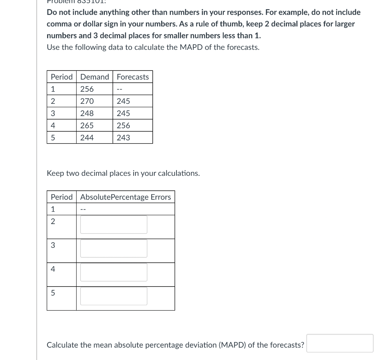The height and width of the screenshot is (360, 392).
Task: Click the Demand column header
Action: point(95,77)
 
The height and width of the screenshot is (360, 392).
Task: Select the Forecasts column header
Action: point(132,77)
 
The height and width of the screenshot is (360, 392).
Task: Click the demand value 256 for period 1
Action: point(87,89)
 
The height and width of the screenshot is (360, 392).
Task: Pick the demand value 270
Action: point(87,101)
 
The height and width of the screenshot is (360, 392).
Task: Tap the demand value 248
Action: point(87,113)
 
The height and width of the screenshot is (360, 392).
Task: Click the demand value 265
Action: point(87,126)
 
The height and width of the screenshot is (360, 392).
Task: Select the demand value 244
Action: point(87,138)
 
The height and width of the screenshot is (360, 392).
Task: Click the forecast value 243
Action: point(123,138)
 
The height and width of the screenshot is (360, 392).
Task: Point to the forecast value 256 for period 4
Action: point(123,126)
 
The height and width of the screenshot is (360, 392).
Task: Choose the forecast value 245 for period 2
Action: point(123,101)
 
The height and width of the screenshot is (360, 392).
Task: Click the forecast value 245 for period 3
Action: point(123,113)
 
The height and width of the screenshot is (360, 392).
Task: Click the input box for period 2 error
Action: point(114,224)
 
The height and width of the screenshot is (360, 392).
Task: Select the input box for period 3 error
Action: point(114,248)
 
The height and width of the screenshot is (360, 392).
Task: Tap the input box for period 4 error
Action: point(114,272)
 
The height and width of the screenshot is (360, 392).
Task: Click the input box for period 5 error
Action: point(114,296)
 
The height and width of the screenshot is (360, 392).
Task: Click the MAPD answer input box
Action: point(340,343)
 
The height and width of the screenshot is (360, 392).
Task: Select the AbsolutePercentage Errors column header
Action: point(126,197)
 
